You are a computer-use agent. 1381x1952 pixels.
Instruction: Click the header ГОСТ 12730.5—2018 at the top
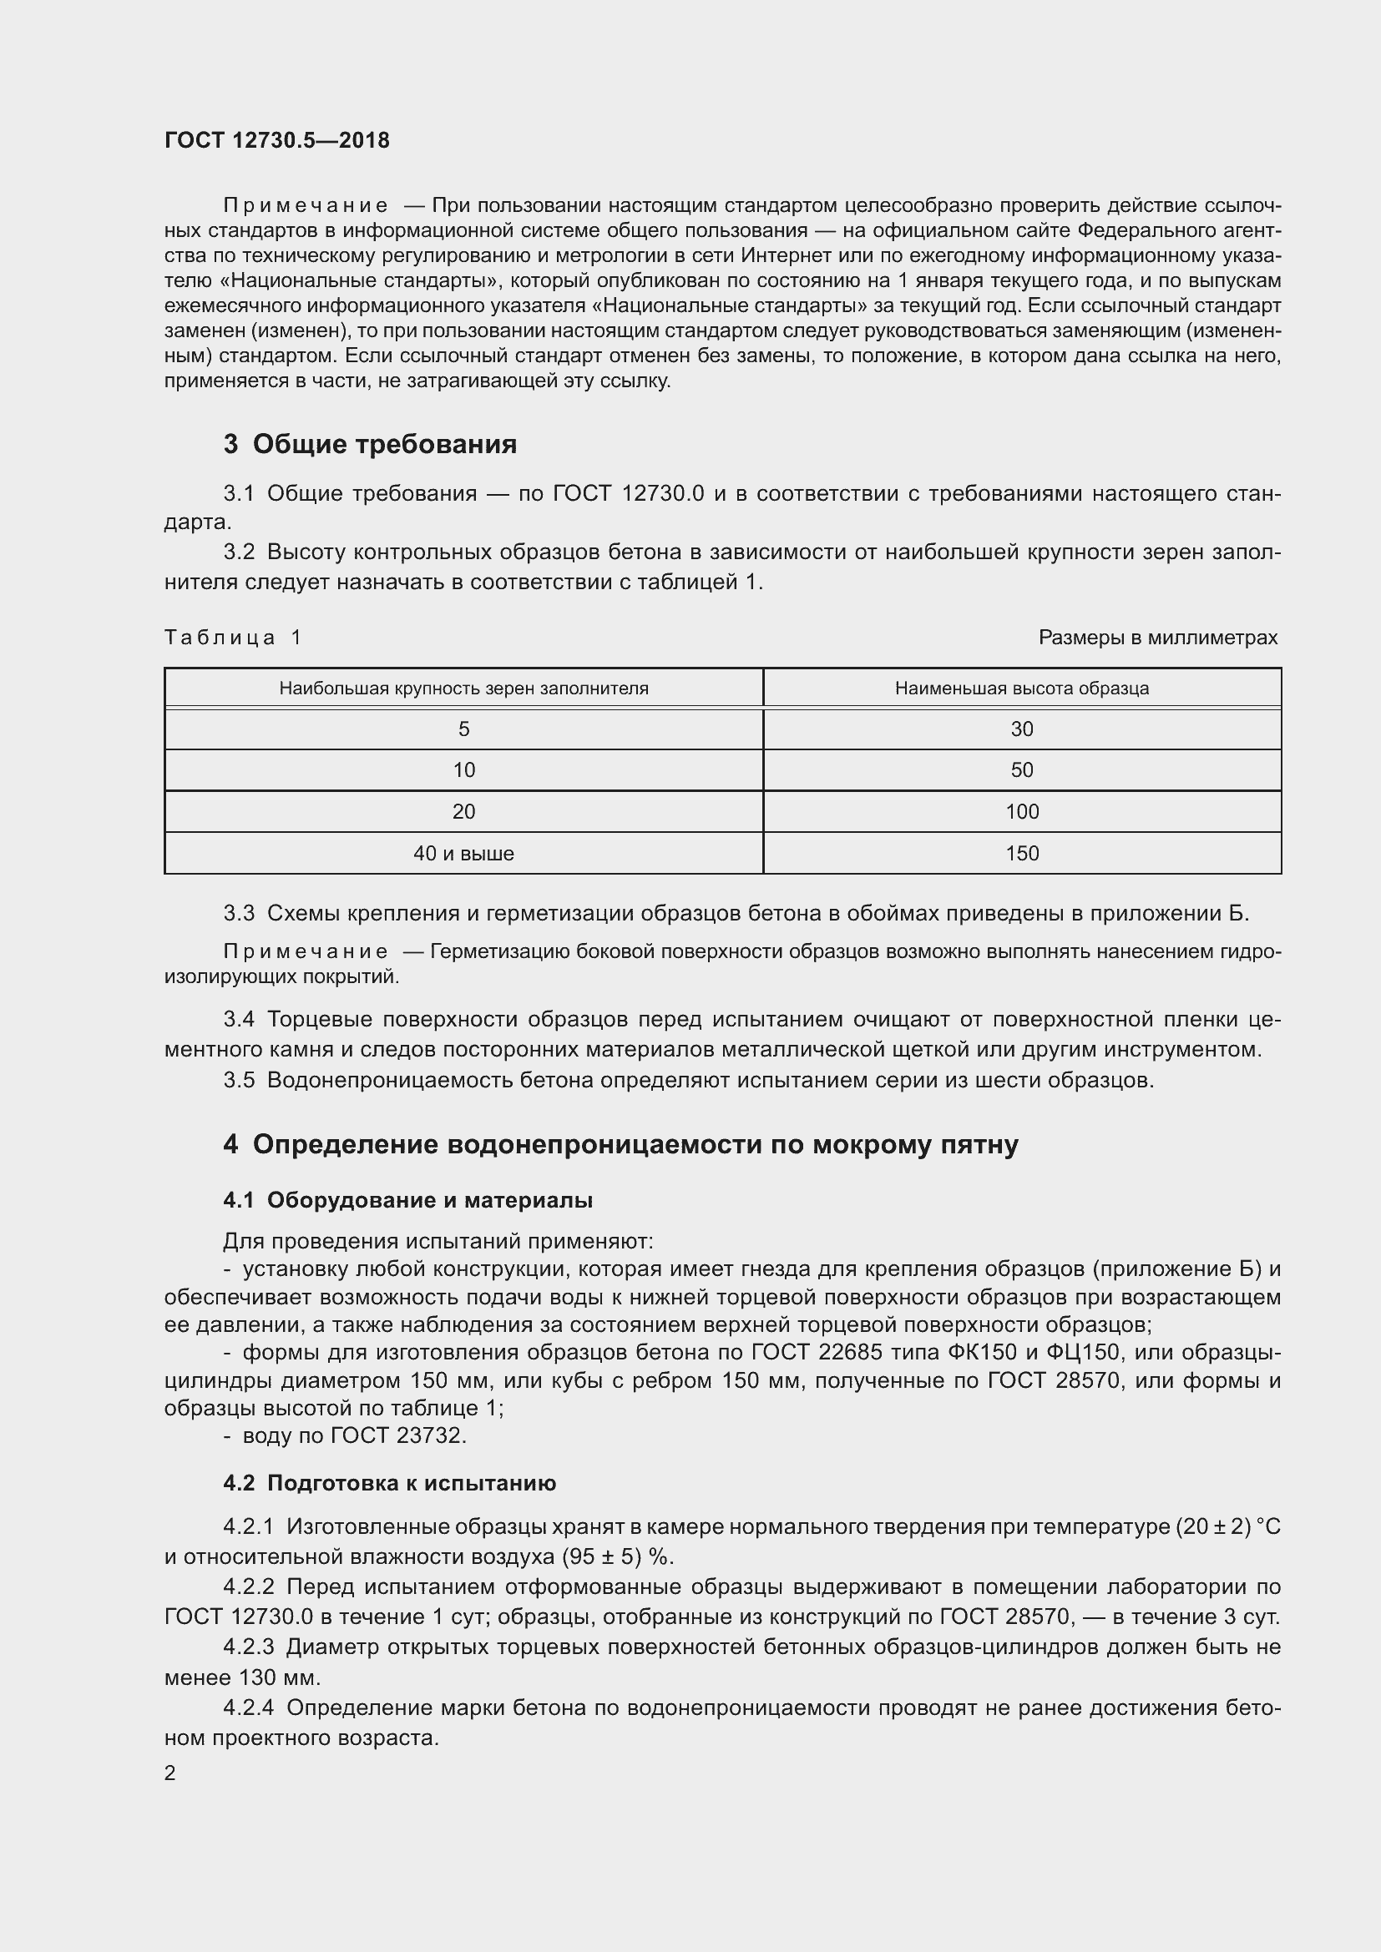click(276, 140)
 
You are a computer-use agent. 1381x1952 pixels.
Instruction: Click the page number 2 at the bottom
click(170, 1773)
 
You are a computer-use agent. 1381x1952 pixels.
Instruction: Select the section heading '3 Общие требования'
click(370, 444)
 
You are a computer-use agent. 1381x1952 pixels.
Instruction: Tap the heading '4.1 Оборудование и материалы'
click(407, 1199)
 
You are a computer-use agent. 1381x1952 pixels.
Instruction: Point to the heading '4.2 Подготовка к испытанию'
click(389, 1483)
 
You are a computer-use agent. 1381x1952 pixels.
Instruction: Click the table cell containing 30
click(1021, 729)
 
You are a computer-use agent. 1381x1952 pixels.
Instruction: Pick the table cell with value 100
click(1021, 811)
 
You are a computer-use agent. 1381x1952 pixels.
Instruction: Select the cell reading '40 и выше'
click(463, 853)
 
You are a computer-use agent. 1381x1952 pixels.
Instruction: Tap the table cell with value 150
click(1021, 853)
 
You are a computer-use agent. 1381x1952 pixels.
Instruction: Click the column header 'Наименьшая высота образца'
click(1021, 688)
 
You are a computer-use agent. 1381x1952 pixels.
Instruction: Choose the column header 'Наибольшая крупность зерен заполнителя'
click(463, 688)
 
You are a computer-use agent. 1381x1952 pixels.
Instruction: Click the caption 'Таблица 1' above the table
click(232, 637)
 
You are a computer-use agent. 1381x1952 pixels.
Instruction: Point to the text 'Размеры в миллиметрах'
click(1157, 637)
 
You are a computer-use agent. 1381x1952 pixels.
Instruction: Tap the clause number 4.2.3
click(248, 1647)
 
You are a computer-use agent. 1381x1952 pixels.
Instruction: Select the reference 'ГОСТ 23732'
click(397, 1435)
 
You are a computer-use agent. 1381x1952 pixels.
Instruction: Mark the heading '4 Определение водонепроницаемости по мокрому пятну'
click(620, 1144)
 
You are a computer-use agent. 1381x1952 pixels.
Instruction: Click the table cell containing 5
click(463, 729)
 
